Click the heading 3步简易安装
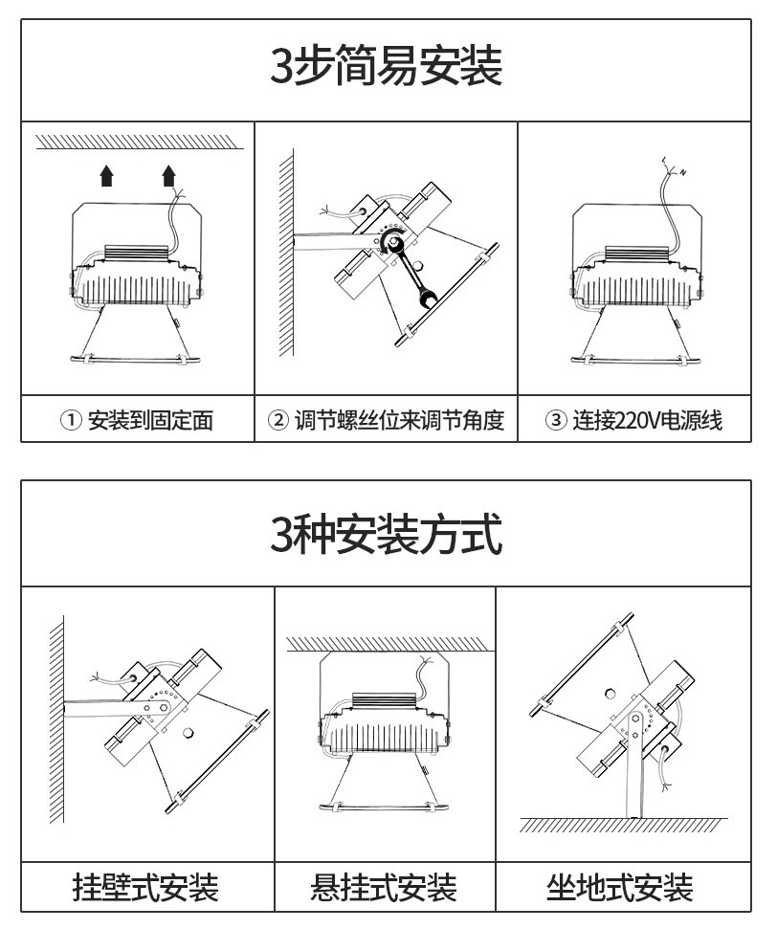pyautogui.click(x=387, y=65)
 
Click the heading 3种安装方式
pyautogui.click(x=387, y=534)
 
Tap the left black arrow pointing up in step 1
pyautogui.click(x=106, y=175)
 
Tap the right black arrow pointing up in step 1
pyautogui.click(x=169, y=175)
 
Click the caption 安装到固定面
pyautogui.click(x=150, y=420)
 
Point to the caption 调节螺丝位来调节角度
pyautogui.click(x=399, y=420)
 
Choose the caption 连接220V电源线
pyautogui.click(x=647, y=420)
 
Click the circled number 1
pyautogui.click(x=71, y=420)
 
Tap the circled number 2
pyautogui.click(x=277, y=420)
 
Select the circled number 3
pyautogui.click(x=555, y=420)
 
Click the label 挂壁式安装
pyautogui.click(x=145, y=888)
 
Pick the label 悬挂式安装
pyautogui.click(x=384, y=888)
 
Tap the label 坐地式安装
pyautogui.click(x=619, y=888)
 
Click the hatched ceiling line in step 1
pyautogui.click(x=140, y=142)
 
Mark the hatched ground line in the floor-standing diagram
pyautogui.click(x=624, y=825)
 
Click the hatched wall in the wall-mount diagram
pyautogui.click(x=56, y=719)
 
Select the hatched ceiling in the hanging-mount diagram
pyautogui.click(x=390, y=644)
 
